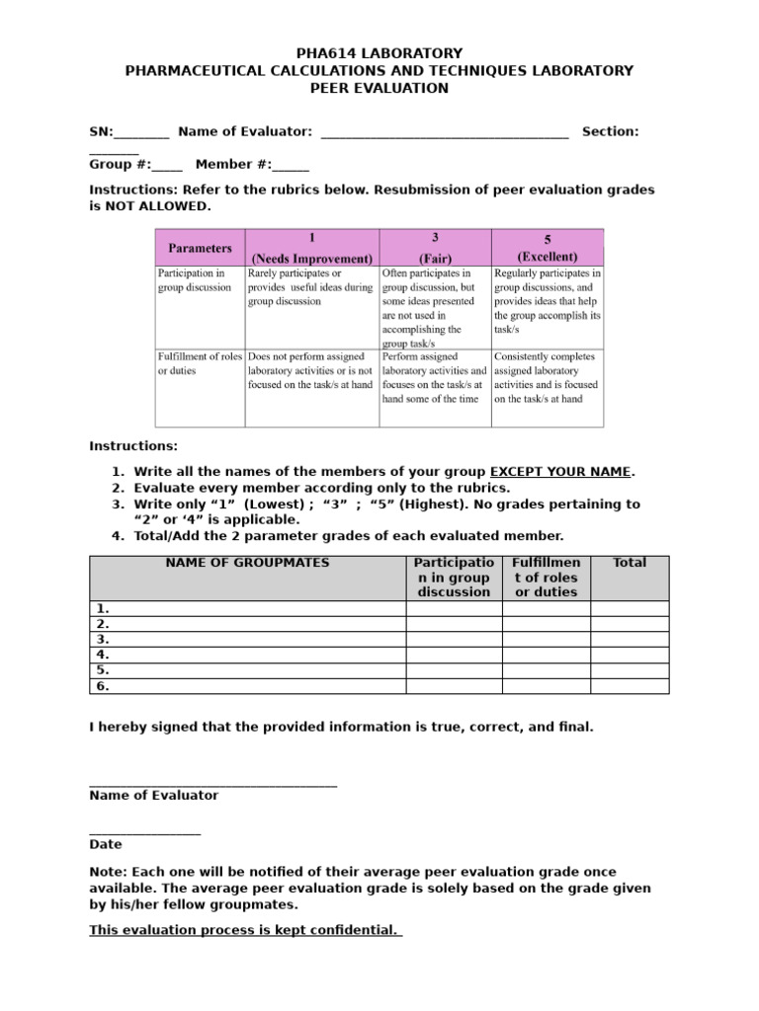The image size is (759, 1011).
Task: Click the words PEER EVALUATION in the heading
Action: pos(379,89)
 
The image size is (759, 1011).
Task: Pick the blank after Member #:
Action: pos(290,166)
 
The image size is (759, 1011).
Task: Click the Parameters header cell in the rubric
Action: pos(200,247)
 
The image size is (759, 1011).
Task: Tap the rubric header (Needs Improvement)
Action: pos(311,257)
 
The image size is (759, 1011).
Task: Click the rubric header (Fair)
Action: pos(435,257)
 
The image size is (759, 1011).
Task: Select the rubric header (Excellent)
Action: pos(548,257)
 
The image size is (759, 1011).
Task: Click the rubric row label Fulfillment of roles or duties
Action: pos(198,363)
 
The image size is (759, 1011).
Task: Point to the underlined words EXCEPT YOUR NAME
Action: pos(560,472)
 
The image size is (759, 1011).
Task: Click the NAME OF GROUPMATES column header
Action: pos(248,563)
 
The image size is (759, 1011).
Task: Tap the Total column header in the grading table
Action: pos(630,563)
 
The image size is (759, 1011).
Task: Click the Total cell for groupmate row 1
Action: pos(630,608)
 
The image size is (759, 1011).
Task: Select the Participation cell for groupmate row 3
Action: pos(455,640)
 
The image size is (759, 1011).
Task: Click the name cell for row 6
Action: pos(248,686)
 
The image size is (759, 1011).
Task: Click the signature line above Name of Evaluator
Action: pos(212,784)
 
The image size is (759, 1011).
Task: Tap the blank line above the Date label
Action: pos(144,833)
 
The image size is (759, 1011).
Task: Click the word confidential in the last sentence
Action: pos(352,930)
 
